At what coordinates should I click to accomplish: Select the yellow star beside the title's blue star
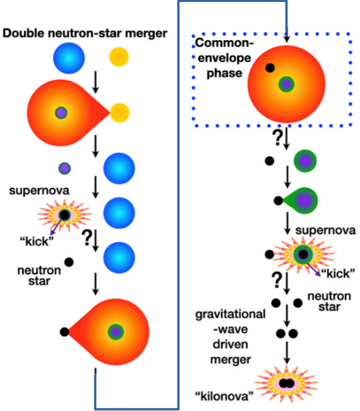click(x=119, y=58)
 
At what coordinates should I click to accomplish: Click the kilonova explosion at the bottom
click(x=286, y=383)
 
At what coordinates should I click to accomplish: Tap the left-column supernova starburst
click(x=64, y=215)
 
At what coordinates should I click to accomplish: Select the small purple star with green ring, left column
click(x=64, y=168)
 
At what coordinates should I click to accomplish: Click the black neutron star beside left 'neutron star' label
click(x=70, y=262)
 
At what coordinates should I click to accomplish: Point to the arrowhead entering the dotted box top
click(x=287, y=40)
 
